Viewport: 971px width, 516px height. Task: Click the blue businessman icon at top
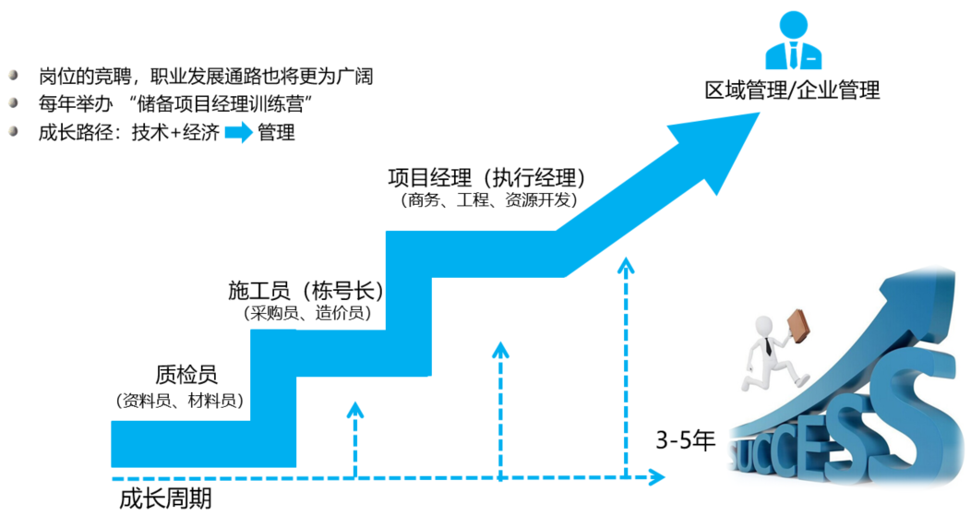click(792, 42)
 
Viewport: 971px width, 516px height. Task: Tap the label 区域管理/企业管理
click(791, 90)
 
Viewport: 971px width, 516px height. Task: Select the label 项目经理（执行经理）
click(487, 177)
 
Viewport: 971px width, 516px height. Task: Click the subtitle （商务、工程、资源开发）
click(487, 199)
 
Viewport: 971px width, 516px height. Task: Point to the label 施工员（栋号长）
click(306, 291)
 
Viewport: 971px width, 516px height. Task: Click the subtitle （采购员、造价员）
click(307, 314)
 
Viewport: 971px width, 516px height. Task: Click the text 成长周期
click(166, 499)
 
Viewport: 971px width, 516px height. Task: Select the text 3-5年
click(686, 439)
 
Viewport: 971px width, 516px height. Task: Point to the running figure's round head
click(763, 325)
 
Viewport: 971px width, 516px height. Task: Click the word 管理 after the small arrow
click(277, 132)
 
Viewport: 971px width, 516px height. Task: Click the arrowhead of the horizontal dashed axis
click(657, 478)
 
